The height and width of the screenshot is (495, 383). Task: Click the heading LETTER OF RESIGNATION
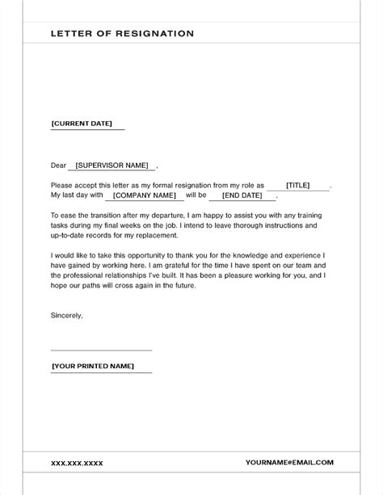(x=122, y=34)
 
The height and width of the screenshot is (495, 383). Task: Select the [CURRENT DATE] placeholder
(x=86, y=124)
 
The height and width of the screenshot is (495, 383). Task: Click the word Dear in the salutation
(x=58, y=166)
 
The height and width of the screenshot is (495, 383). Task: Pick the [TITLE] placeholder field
(x=298, y=185)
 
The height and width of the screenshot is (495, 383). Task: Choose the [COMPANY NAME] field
(x=145, y=195)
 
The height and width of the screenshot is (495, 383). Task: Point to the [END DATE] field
(x=242, y=195)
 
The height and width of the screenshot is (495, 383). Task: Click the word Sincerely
(x=66, y=314)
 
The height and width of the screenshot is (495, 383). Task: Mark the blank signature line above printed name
(x=101, y=350)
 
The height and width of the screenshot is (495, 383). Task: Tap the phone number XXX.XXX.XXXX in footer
(x=78, y=463)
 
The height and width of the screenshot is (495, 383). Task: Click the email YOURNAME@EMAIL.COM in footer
(x=289, y=463)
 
